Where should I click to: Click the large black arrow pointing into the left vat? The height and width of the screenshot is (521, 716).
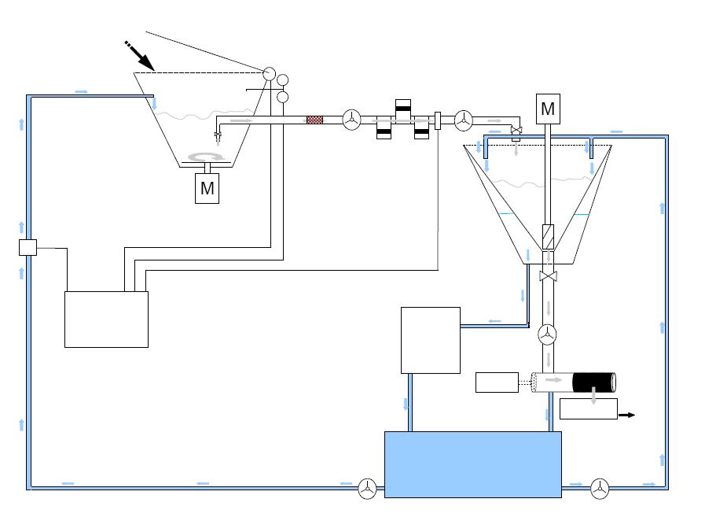(x=139, y=56)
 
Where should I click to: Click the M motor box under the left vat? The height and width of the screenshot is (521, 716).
(x=207, y=188)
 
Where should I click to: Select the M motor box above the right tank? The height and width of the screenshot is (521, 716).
(x=548, y=109)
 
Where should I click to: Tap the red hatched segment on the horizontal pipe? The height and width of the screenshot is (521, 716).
(x=314, y=120)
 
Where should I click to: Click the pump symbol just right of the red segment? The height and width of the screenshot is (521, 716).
(x=351, y=120)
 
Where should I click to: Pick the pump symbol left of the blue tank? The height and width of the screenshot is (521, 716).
(x=367, y=489)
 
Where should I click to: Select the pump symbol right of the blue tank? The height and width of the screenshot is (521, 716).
(x=600, y=489)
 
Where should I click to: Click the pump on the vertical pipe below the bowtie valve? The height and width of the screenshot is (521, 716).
(x=547, y=334)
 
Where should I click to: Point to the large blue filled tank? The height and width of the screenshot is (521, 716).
(x=473, y=464)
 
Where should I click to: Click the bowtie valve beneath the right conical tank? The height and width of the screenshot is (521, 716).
(x=548, y=276)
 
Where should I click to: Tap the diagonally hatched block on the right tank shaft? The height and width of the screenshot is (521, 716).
(x=548, y=237)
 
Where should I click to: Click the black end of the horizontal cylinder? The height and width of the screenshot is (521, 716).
(x=594, y=382)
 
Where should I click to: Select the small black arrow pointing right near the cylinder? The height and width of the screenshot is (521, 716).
(x=627, y=415)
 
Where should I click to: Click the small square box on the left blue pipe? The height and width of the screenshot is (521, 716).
(x=28, y=247)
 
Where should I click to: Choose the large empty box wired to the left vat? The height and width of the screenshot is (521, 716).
(x=106, y=320)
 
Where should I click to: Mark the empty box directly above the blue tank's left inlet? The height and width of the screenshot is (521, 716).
(x=431, y=340)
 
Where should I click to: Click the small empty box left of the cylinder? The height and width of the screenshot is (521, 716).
(x=497, y=382)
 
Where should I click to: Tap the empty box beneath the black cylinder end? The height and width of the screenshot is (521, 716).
(x=589, y=408)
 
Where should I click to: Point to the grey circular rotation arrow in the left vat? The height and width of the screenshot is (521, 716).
(x=207, y=157)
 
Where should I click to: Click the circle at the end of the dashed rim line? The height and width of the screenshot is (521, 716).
(x=270, y=74)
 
